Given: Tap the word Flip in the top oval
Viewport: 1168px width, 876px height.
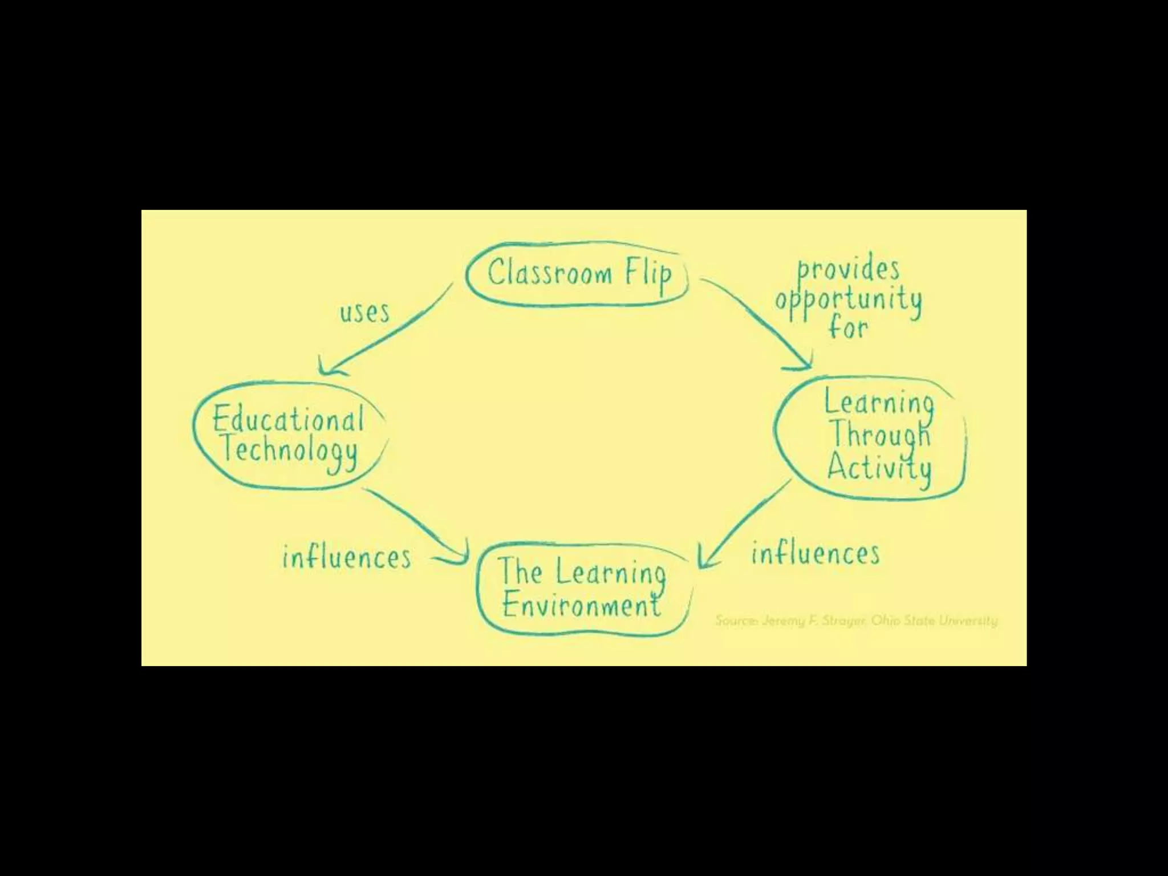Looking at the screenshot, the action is [648, 275].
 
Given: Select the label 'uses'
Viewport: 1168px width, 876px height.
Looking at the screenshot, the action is [365, 313].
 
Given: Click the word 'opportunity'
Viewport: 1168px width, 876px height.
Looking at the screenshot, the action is [848, 300].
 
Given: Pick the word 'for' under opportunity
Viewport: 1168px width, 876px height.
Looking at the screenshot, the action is [849, 328].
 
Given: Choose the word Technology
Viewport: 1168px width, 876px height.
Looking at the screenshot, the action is [290, 451].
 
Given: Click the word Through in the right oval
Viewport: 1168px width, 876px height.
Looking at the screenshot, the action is [879, 435].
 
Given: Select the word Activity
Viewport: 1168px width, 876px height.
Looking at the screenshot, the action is [879, 468].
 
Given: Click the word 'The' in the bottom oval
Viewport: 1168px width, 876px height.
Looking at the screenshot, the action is [520, 571].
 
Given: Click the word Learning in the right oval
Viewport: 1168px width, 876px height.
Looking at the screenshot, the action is [879, 403].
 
